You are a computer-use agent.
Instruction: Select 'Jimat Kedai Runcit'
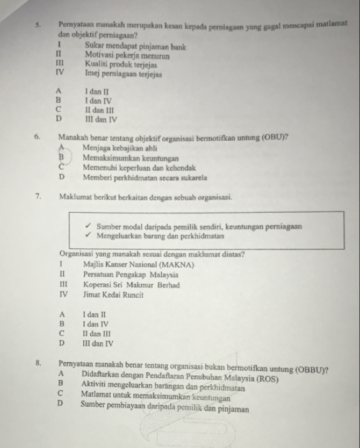click(x=113, y=295)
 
